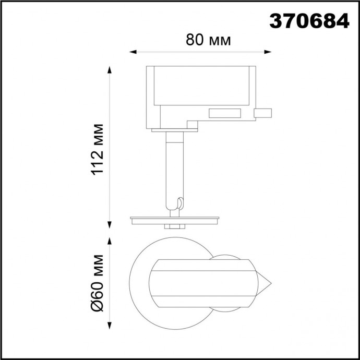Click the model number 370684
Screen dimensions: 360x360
click(309, 21)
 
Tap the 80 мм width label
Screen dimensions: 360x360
click(208, 40)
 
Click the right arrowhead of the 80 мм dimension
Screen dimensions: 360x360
click(269, 52)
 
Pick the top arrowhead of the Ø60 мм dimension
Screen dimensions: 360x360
click(110, 241)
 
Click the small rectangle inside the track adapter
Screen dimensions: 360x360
click(225, 113)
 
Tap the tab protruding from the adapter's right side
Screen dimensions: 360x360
click(262, 113)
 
